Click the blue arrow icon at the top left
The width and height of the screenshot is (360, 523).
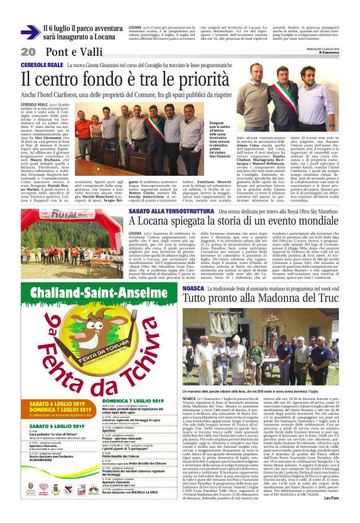coord(30,33)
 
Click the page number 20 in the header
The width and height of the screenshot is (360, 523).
coord(28,52)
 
